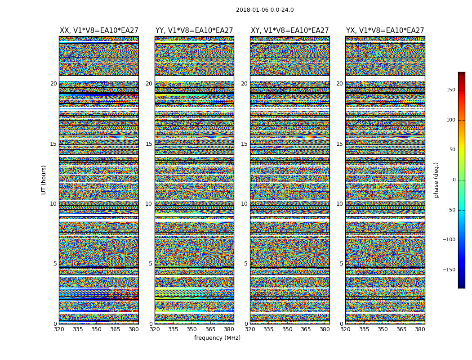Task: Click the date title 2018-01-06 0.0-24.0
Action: [265, 10]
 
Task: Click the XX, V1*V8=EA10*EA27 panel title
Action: [99, 31]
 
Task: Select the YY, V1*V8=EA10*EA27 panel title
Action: [194, 31]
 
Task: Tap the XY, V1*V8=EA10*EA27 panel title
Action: [289, 31]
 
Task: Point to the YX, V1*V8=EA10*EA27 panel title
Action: [385, 31]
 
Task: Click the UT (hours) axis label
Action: [44, 180]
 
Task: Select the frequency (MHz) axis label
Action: [217, 338]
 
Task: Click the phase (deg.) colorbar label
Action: [436, 180]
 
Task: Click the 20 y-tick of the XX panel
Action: [53, 84]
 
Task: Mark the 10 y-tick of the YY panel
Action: [149, 204]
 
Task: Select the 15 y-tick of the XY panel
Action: [244, 144]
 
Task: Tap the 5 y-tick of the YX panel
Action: [341, 264]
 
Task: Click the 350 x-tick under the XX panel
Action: [96, 329]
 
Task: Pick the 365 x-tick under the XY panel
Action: [306, 329]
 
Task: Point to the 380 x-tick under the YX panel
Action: [420, 329]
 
